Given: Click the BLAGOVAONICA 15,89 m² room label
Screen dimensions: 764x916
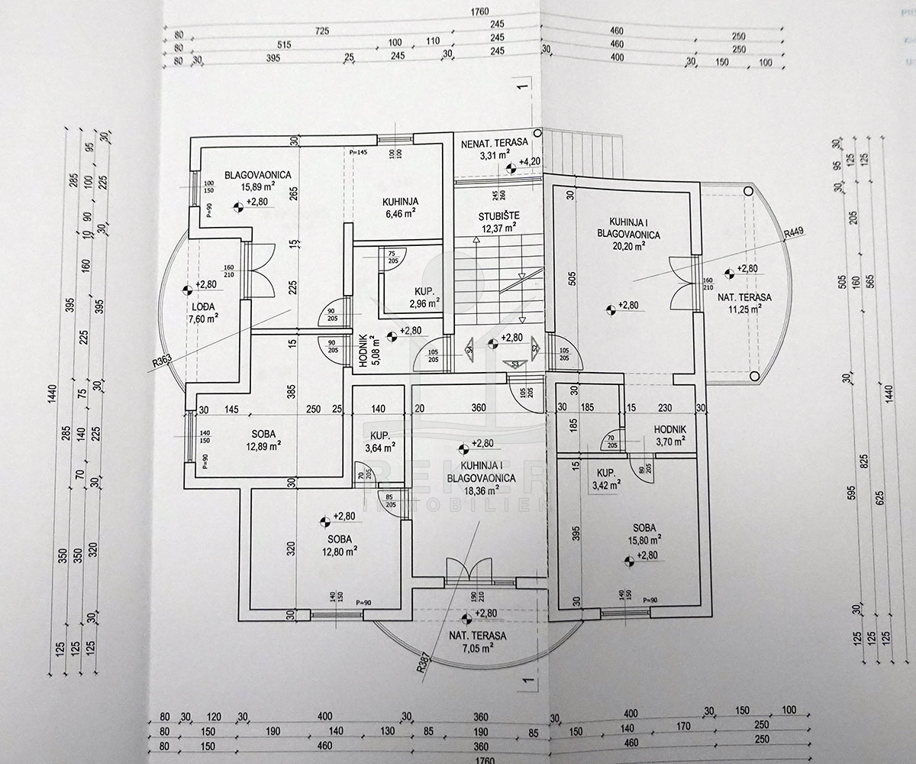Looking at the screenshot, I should click(257, 181).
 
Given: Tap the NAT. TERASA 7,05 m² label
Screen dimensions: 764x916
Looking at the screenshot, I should click(479, 642).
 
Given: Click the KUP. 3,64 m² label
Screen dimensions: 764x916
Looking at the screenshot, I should click(379, 442).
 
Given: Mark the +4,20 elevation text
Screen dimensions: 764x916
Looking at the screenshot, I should click(530, 161).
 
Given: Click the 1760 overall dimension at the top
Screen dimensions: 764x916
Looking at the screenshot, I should click(479, 11).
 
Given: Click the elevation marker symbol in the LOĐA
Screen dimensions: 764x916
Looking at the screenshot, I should click(188, 290).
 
